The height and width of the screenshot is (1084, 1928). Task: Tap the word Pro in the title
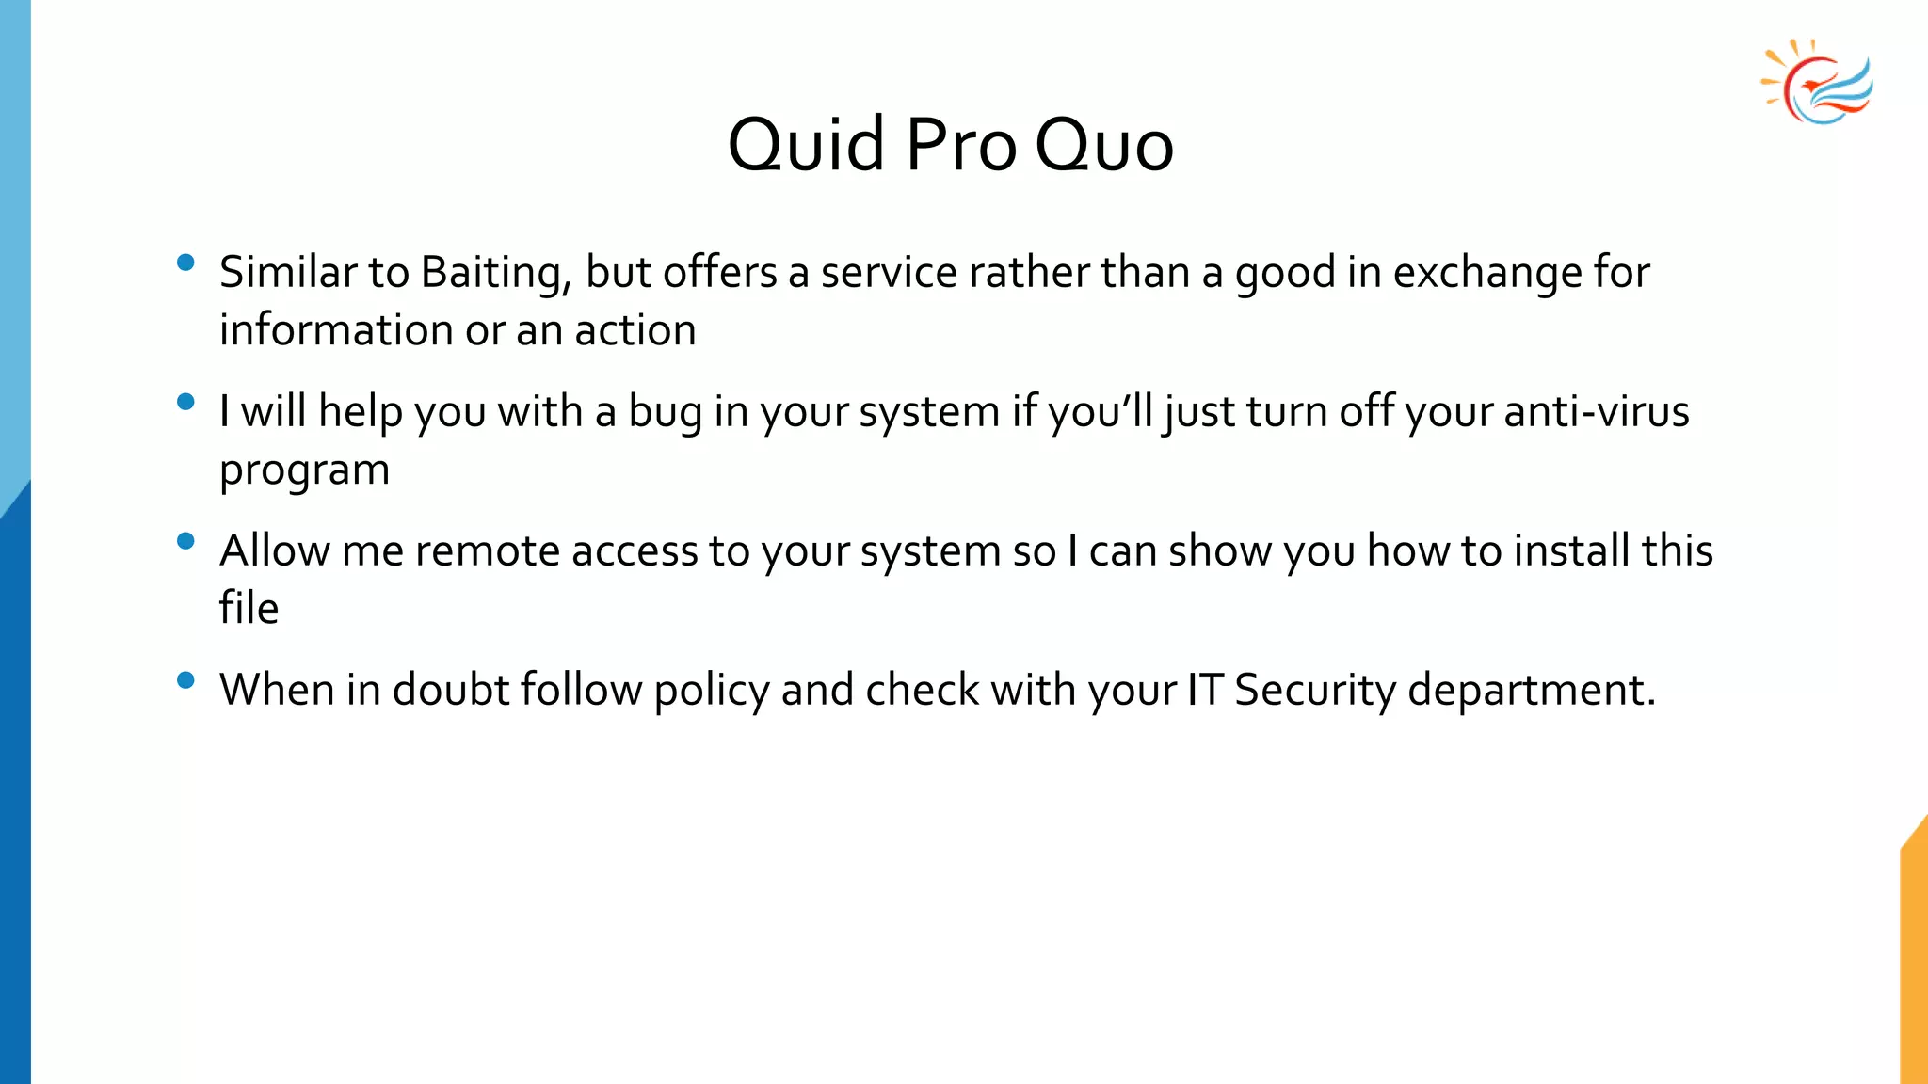(x=960, y=146)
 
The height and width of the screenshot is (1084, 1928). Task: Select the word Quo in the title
(x=1104, y=146)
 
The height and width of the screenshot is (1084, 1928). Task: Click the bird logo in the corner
(x=1818, y=83)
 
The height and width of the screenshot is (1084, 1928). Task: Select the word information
(x=336, y=330)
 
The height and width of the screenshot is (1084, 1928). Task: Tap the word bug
(x=665, y=412)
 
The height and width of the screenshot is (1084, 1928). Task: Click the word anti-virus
(x=1597, y=412)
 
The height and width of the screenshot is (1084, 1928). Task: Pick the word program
(x=304, y=470)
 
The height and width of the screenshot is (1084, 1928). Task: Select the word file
(x=249, y=609)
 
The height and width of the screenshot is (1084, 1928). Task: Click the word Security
(x=1315, y=690)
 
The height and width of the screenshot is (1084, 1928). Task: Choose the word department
(x=1531, y=690)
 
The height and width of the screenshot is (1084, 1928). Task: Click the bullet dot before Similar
(x=185, y=263)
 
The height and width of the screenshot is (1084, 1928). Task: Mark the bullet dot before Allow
(x=185, y=541)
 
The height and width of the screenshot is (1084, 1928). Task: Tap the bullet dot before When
(x=185, y=679)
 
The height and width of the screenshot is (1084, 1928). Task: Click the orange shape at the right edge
(x=1915, y=960)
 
